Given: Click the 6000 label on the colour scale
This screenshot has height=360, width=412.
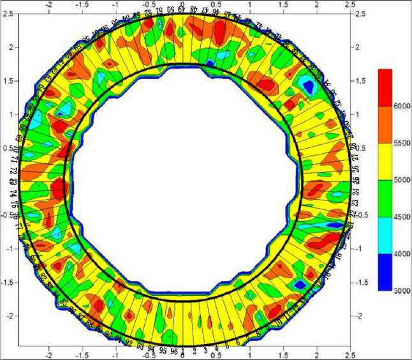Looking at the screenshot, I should [401, 105].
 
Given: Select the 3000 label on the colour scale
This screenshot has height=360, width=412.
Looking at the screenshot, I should [401, 290].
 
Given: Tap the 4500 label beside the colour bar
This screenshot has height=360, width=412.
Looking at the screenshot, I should [401, 217].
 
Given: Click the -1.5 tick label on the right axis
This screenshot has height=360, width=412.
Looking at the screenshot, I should [362, 281].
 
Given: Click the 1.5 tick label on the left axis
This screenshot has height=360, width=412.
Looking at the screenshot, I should [9, 80].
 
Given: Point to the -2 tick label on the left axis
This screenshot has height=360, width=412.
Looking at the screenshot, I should [8, 315].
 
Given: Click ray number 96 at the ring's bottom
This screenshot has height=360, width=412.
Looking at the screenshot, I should [173, 350].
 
